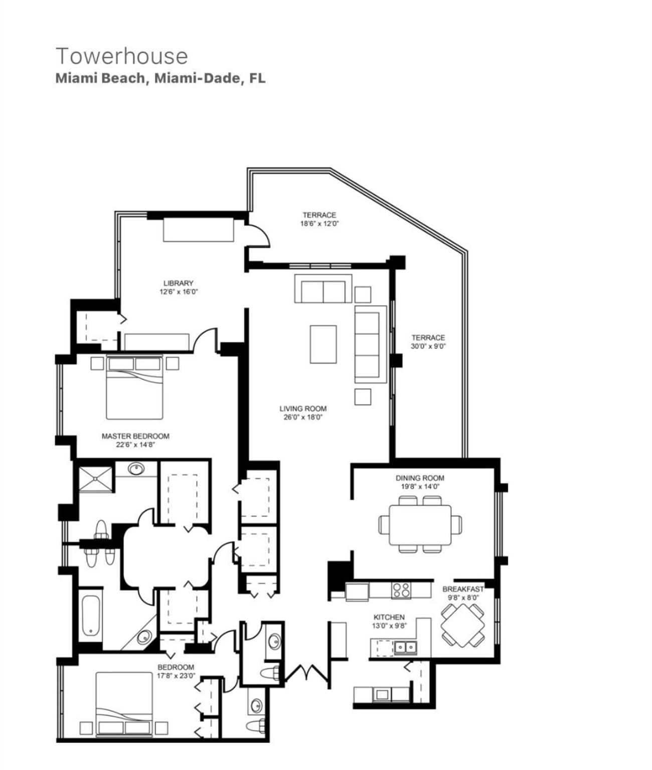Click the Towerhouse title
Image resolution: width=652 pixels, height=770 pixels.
coord(121,56)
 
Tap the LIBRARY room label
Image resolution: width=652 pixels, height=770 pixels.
coord(178,283)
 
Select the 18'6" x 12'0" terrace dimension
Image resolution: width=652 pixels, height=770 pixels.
coord(319,224)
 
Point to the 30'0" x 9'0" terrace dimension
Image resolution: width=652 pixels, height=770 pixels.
coord(428,346)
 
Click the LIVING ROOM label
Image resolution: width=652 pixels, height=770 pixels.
coord(303,409)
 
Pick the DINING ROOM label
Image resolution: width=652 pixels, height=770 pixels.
coord(420,478)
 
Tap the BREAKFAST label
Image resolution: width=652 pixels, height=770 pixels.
coord(462,589)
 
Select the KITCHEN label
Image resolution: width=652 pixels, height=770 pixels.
coord(389,617)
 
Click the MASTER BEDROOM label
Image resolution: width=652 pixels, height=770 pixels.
coord(135,436)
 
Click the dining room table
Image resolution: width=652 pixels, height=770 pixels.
coord(420,524)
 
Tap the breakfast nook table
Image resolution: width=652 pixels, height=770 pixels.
coord(462,625)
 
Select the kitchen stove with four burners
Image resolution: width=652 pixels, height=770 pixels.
coord(401,590)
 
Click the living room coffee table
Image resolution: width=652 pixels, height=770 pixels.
coord(323,344)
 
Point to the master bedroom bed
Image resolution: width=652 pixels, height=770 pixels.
coord(135,389)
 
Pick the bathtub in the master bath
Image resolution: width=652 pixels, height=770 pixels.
coord(92,615)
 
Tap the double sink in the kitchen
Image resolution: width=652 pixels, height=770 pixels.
coord(406,647)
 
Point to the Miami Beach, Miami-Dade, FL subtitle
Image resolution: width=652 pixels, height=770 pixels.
coord(160,78)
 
